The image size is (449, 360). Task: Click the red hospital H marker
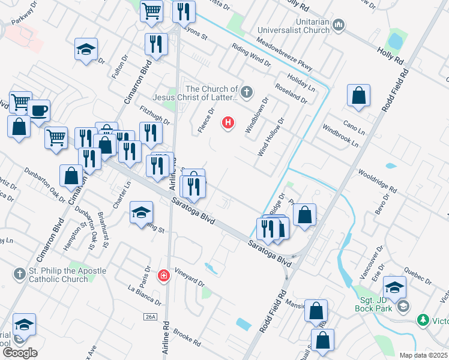[x=228, y=123]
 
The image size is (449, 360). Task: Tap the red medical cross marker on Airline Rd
[x=163, y=275]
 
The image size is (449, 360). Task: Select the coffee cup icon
[x=38, y=110]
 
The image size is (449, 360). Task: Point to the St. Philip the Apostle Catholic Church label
[x=59, y=275]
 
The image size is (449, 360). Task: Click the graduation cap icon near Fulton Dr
[x=86, y=49]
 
